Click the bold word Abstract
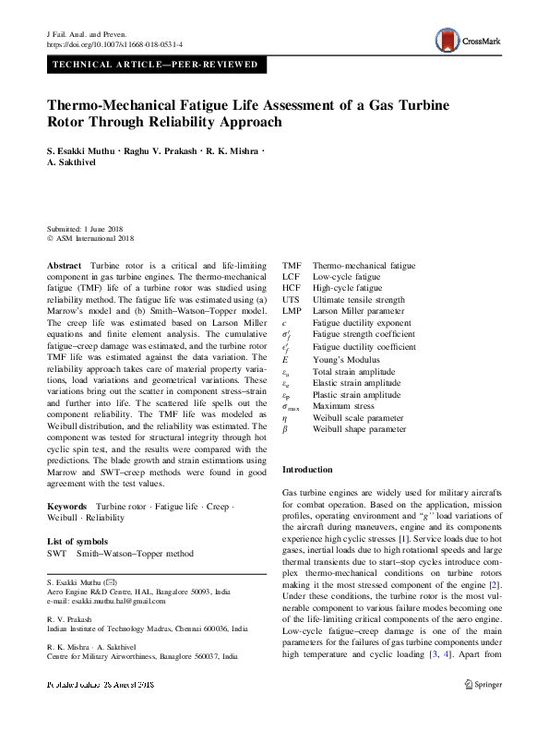[64, 265]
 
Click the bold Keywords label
[67, 507]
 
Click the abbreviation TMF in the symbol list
[291, 265]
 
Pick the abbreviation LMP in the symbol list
[292, 312]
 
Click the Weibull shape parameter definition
[358, 430]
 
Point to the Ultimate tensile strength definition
[359, 300]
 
